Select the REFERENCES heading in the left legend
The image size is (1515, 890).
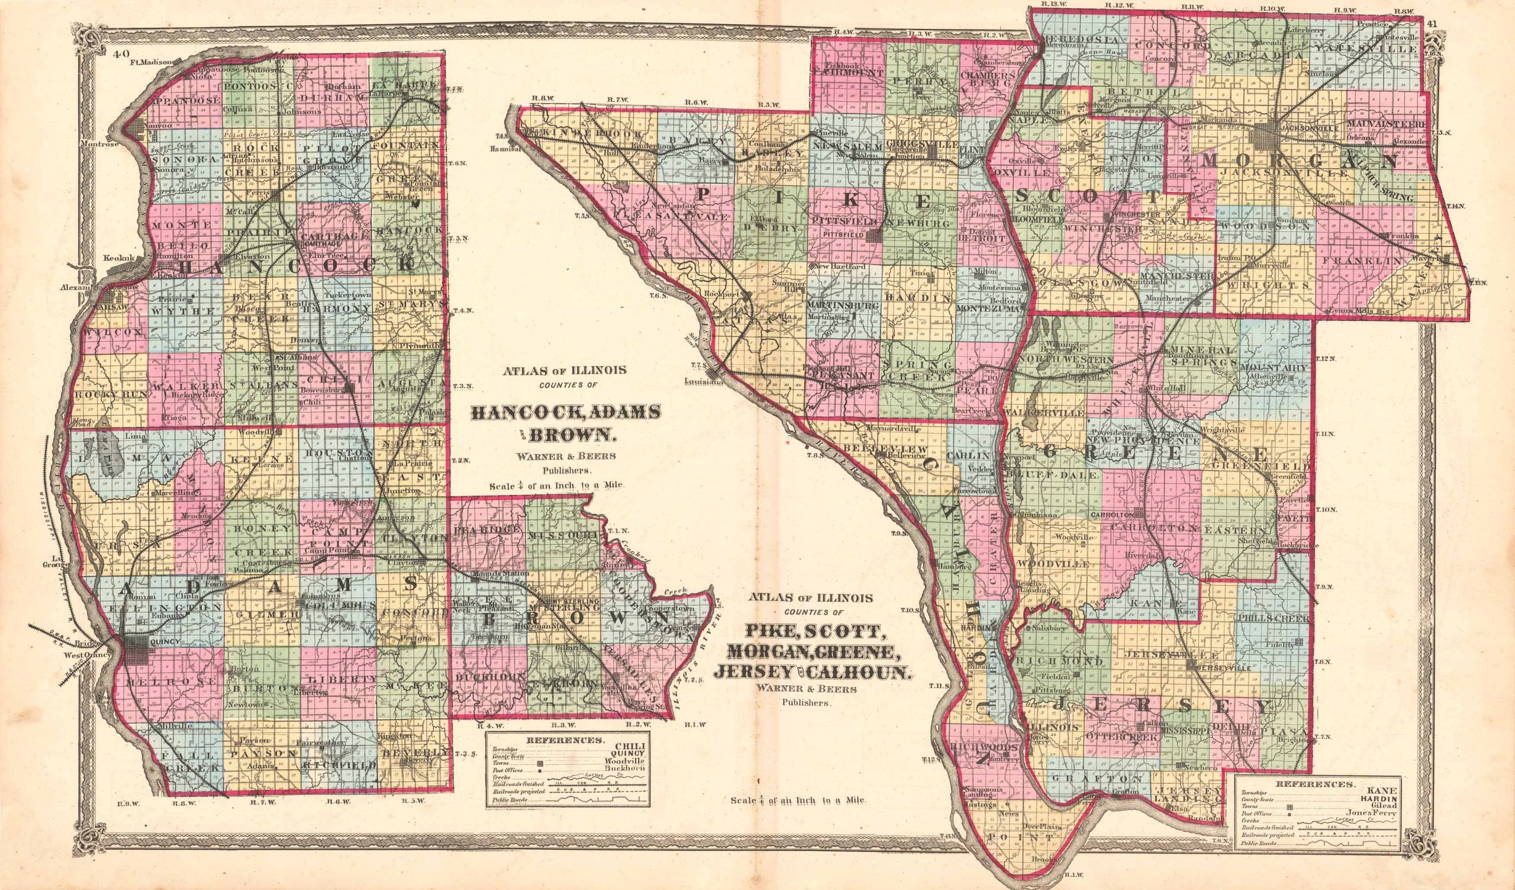[567, 741]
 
